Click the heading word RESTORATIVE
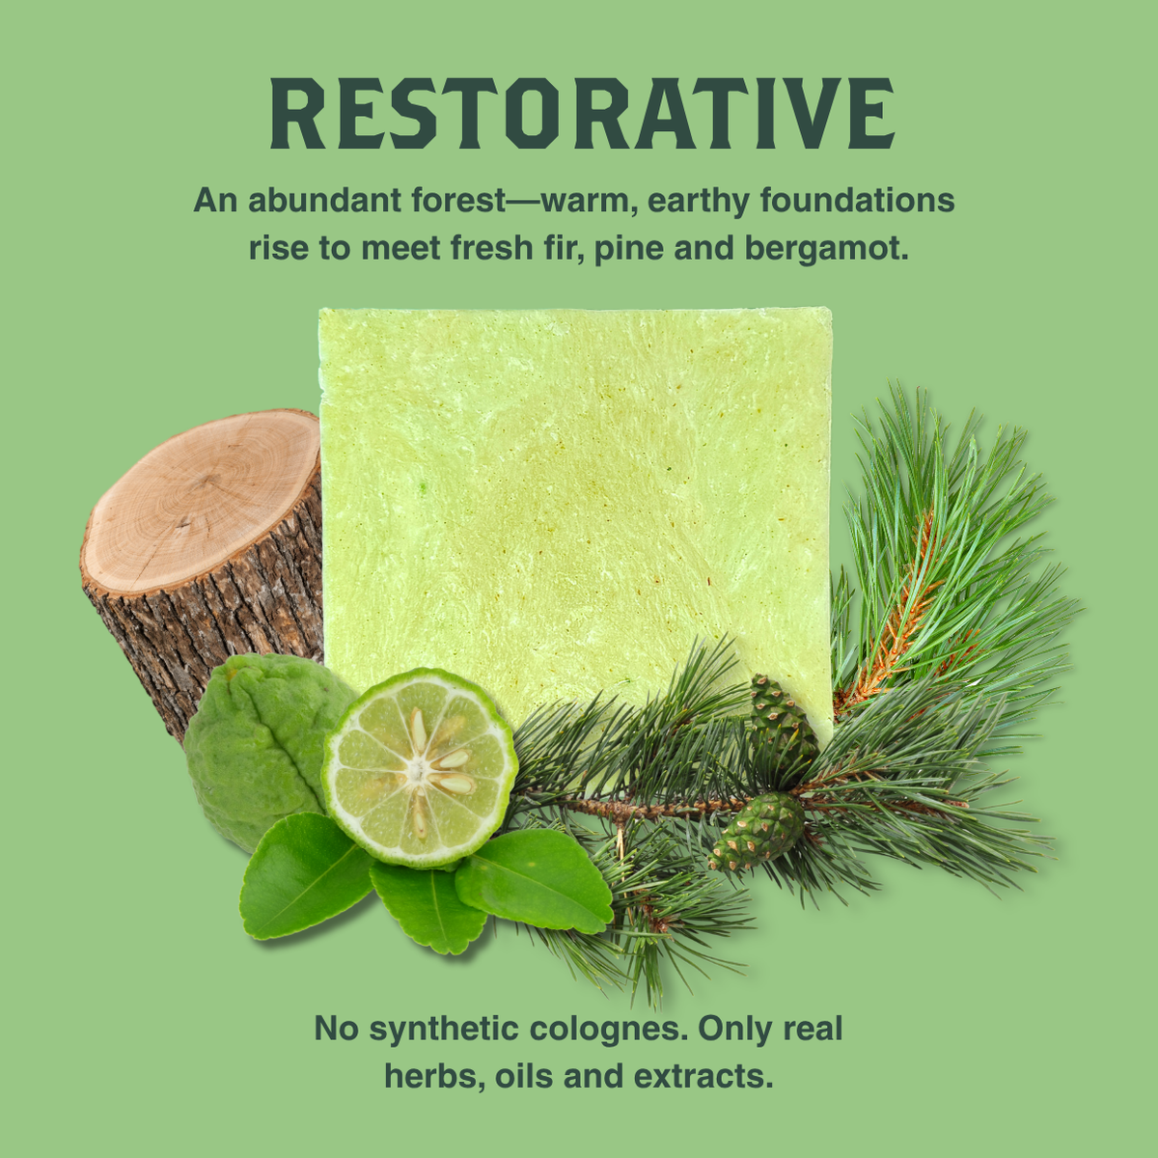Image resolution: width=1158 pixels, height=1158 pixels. (x=582, y=113)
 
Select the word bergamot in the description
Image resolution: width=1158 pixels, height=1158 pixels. (x=826, y=249)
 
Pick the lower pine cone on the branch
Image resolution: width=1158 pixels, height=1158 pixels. (x=758, y=832)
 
